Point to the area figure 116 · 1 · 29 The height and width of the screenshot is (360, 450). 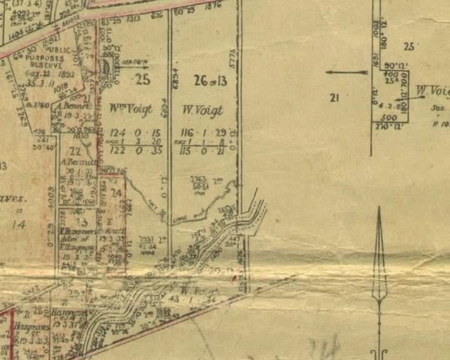(202, 132)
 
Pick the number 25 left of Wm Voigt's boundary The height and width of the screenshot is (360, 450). (142, 79)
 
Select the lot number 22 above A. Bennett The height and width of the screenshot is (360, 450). (76, 151)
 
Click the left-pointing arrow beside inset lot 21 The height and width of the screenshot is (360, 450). (346, 72)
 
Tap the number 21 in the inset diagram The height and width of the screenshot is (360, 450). (334, 97)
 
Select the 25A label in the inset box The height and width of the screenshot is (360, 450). (392, 81)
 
